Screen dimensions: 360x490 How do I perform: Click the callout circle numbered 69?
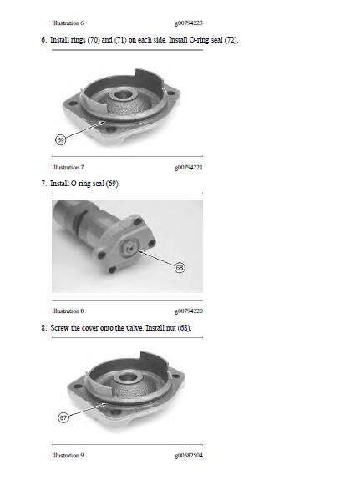tap(61, 139)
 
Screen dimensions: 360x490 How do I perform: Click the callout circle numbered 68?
tap(180, 267)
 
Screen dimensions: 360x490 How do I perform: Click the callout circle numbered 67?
tap(63, 417)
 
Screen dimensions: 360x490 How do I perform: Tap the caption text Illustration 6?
tap(68, 23)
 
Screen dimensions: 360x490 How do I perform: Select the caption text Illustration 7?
tap(68, 167)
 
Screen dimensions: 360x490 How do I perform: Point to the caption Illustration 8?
tap(68, 311)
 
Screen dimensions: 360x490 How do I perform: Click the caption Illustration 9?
tap(68, 455)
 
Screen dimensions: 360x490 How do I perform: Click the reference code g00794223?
tap(189, 23)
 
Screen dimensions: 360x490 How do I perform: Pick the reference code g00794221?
tap(189, 168)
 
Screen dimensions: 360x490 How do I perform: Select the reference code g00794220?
tap(189, 311)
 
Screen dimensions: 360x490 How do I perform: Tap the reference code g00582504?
tap(189, 456)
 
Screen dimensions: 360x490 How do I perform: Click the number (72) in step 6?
tap(231, 40)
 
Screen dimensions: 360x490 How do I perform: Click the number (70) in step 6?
tap(94, 40)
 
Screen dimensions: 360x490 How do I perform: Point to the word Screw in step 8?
tap(59, 328)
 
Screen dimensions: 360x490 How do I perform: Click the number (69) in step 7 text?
tap(113, 184)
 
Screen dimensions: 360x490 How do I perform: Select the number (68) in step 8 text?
tap(185, 328)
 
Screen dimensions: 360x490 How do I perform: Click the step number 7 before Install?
tap(43, 184)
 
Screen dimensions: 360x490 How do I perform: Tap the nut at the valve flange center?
tap(130, 248)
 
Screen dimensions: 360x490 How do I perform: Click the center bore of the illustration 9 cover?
tap(127, 377)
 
